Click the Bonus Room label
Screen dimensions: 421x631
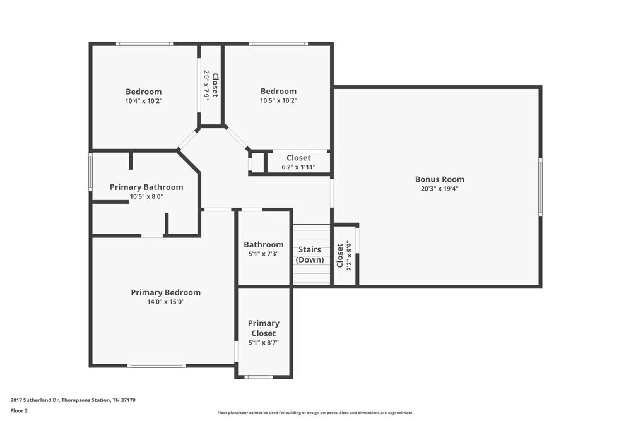pos(439,179)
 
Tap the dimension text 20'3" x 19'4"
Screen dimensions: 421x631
pos(439,189)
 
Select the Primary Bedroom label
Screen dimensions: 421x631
pos(165,292)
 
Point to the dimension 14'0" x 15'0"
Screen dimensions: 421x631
pos(165,302)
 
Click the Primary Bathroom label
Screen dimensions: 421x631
pos(146,187)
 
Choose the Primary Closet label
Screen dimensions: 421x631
pos(263,328)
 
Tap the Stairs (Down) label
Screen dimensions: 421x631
pos(310,254)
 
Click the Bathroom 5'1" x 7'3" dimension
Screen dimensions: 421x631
pos(263,254)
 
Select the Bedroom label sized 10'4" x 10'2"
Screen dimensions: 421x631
pos(143,92)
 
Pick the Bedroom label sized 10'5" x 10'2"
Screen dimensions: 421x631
pos(278,92)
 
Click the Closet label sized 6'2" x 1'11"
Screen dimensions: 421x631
pos(298,158)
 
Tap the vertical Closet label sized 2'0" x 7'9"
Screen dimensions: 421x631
pos(215,85)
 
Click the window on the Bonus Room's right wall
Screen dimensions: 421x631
pos(540,187)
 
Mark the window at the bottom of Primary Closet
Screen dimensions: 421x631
pos(259,377)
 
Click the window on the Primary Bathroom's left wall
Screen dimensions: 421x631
pos(91,171)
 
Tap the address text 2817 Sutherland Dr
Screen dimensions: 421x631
pos(73,400)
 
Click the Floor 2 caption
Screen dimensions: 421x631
pos(19,410)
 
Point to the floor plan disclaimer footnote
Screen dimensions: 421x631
pos(315,413)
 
